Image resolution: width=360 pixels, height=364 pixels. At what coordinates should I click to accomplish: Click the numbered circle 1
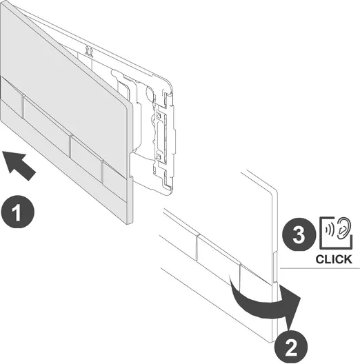[18, 212]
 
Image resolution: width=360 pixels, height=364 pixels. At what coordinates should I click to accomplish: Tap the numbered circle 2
[291, 347]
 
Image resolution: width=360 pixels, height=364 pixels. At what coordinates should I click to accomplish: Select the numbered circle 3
[299, 234]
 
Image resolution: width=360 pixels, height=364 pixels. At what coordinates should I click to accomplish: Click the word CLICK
[334, 259]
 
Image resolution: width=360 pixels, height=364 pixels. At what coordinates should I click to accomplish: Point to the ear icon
[343, 228]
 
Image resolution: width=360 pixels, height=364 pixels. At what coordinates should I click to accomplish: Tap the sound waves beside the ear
[330, 230]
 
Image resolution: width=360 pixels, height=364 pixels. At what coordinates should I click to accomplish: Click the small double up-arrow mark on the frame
[89, 51]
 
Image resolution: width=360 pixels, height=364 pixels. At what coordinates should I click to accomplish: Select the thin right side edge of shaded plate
[130, 163]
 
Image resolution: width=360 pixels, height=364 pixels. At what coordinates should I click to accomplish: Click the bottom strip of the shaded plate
[63, 160]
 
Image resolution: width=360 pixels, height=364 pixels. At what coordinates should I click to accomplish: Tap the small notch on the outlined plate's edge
[274, 267]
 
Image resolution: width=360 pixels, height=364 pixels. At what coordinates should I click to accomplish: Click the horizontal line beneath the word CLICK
[320, 268]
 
